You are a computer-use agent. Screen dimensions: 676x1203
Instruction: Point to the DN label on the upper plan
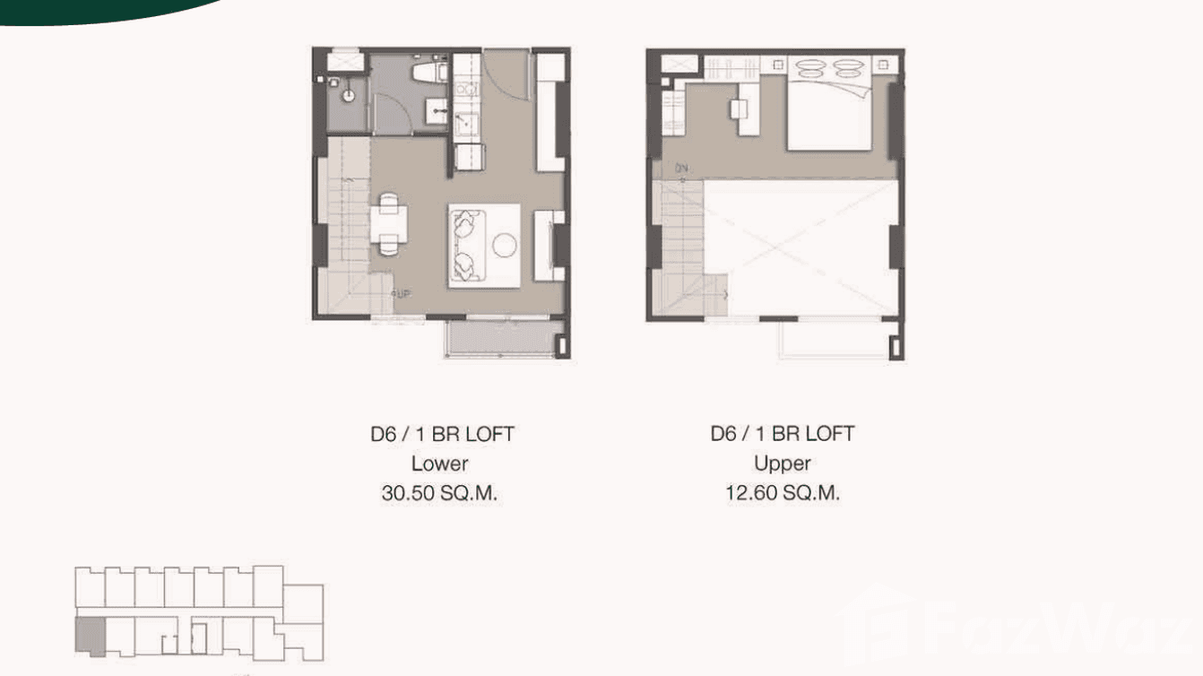pyautogui.click(x=682, y=169)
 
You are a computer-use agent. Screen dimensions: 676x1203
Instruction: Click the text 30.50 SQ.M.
pyautogui.click(x=439, y=493)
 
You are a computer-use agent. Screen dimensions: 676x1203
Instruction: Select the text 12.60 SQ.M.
pyautogui.click(x=783, y=493)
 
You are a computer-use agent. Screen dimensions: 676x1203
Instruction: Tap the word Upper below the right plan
pyautogui.click(x=783, y=464)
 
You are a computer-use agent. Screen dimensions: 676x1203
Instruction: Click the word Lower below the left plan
pyautogui.click(x=439, y=464)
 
